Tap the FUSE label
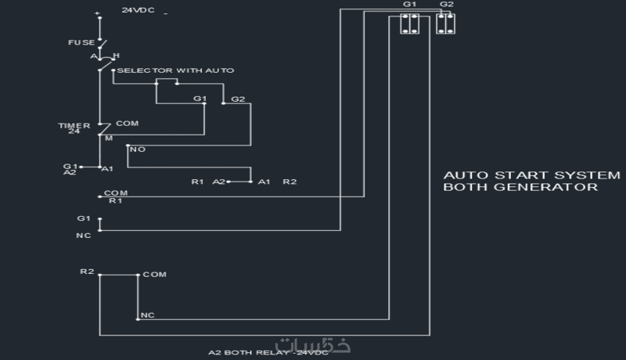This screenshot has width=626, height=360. (81, 41)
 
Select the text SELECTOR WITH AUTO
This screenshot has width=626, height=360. (175, 70)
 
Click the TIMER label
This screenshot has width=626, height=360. (69, 125)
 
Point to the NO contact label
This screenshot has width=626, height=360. (137, 149)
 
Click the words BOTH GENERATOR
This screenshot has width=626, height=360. (520, 188)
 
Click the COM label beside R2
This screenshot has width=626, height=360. (154, 275)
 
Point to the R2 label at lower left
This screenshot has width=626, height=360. (87, 271)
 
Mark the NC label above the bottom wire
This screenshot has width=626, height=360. (147, 315)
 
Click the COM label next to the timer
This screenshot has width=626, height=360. (128, 124)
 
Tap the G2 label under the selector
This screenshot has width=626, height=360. (238, 99)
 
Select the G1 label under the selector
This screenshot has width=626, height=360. (200, 99)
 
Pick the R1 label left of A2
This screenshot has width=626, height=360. (198, 182)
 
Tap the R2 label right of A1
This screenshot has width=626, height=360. (290, 182)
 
